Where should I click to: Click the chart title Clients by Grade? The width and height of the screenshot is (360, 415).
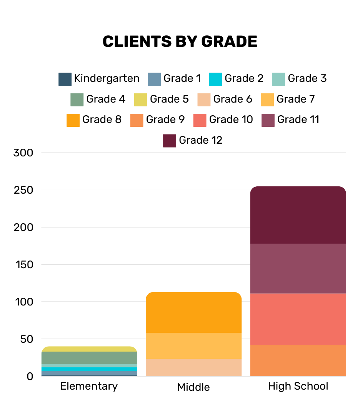[x=180, y=41]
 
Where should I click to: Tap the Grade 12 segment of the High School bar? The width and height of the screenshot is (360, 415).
[x=298, y=215]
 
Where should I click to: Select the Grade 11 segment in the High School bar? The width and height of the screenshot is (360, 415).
[x=298, y=268]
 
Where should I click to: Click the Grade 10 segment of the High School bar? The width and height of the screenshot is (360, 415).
[x=298, y=319]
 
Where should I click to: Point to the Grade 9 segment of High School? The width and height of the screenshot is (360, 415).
[x=298, y=360]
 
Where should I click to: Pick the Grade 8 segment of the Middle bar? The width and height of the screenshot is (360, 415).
[x=193, y=312]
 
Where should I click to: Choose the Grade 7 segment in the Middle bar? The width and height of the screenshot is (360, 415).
[x=193, y=346]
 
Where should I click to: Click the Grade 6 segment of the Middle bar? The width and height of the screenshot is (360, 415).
[x=193, y=367]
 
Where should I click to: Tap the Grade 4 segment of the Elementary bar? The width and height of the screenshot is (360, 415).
[x=89, y=358]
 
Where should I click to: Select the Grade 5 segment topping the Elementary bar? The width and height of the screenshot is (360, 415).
[x=89, y=349]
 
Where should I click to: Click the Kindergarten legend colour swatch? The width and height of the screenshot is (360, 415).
[x=65, y=79]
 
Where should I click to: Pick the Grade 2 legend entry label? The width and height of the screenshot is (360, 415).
[x=244, y=79]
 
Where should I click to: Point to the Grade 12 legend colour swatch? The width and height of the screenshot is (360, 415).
[x=170, y=141]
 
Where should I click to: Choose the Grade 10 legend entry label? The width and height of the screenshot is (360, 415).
[x=231, y=120]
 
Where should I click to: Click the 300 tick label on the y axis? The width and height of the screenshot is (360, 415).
[x=23, y=153]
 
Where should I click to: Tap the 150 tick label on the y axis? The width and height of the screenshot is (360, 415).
[x=23, y=265]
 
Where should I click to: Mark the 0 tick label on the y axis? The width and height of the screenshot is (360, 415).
[x=30, y=377]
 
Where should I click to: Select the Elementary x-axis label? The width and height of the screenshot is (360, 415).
[x=89, y=386]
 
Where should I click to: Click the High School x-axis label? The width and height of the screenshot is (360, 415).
[x=298, y=386]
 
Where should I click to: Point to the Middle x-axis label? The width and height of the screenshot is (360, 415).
[x=193, y=387]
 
